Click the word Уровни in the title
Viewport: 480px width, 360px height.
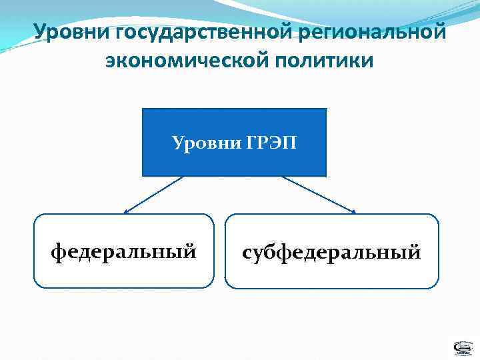click(72, 31)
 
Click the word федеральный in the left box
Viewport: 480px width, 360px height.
click(124, 253)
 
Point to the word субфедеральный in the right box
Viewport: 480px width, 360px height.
click(331, 253)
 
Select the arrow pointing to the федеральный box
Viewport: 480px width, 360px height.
click(154, 194)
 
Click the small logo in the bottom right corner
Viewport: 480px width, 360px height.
click(461, 348)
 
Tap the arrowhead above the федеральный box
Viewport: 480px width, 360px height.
click(126, 212)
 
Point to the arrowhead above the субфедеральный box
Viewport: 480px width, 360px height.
click(353, 212)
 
